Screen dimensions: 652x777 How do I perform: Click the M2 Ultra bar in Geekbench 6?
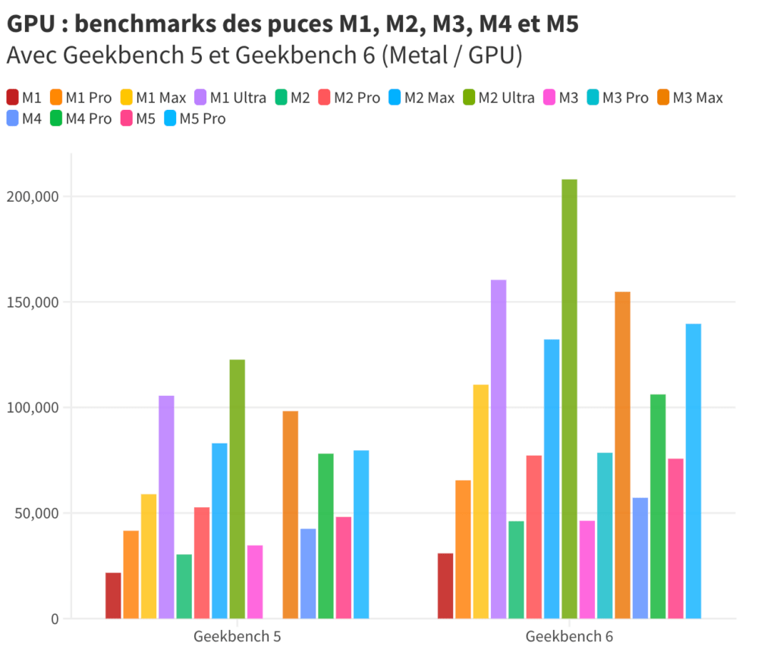(x=569, y=399)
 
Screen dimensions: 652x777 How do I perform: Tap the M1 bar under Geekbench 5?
(x=113, y=595)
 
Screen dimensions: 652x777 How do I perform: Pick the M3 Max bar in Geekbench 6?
(x=622, y=455)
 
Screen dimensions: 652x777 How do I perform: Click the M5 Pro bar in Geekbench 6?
(x=693, y=471)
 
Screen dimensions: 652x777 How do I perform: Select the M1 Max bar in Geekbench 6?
(x=480, y=501)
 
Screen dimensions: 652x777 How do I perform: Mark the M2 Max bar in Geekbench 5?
(x=219, y=531)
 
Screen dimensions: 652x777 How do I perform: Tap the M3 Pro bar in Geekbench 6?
(x=605, y=535)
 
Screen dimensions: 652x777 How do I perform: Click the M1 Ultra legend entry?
(x=231, y=97)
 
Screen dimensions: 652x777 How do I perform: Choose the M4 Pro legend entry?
(x=80, y=118)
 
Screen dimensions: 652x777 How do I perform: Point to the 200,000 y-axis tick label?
(x=33, y=196)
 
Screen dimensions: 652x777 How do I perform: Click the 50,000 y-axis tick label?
(x=36, y=513)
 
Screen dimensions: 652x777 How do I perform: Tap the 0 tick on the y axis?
(x=55, y=619)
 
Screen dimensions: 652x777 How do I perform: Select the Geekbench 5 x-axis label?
(x=237, y=636)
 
